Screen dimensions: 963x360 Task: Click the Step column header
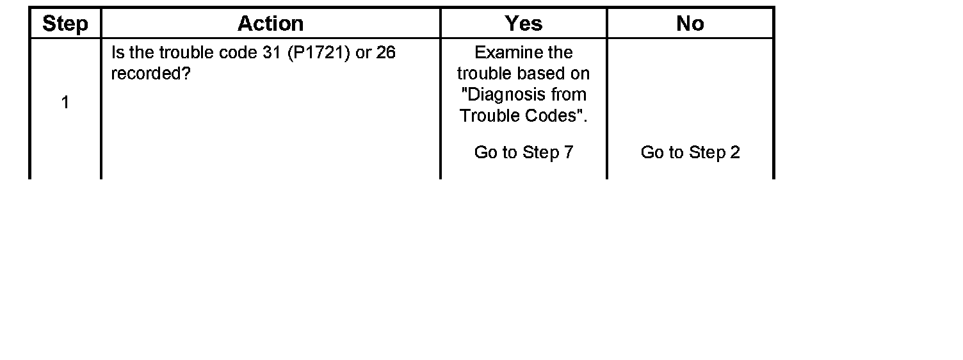[65, 24]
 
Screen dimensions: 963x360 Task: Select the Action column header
[270, 24]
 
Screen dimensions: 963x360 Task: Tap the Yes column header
[523, 24]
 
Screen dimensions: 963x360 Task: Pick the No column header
[690, 24]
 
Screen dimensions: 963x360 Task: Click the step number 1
[65, 102]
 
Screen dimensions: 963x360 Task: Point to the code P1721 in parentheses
[316, 53]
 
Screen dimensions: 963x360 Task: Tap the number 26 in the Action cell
[385, 53]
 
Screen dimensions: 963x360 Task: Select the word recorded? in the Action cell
[151, 74]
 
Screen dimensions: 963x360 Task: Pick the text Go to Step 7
[523, 152]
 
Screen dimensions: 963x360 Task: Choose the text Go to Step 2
[690, 152]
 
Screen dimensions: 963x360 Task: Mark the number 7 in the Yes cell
[568, 152]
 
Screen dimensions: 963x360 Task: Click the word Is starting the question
[117, 53]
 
